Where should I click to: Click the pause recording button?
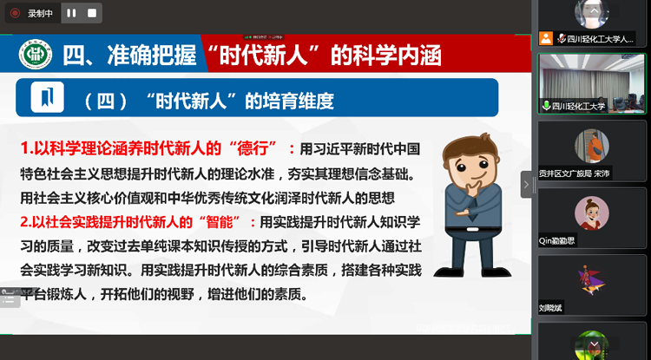(x=71, y=13)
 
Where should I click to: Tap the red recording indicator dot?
(x=15, y=13)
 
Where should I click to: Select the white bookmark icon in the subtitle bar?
(x=47, y=96)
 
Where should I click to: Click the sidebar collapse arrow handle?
(x=526, y=184)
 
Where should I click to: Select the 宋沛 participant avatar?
(x=592, y=145)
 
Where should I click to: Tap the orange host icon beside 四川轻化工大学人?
(x=546, y=38)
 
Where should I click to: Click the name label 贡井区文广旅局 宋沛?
(x=585, y=173)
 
